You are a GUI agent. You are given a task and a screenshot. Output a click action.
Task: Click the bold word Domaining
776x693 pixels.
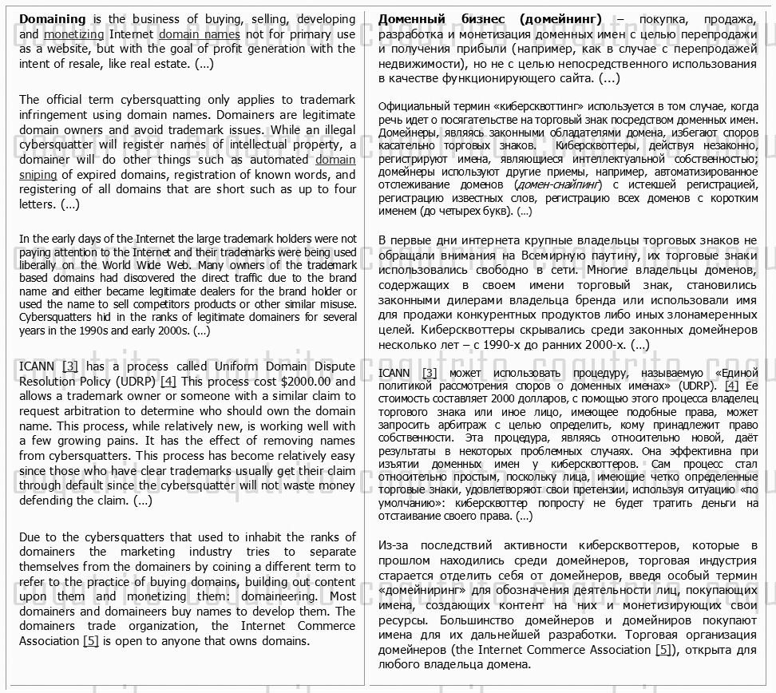tap(53, 19)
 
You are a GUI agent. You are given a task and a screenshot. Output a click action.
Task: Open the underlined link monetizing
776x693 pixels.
tap(73, 34)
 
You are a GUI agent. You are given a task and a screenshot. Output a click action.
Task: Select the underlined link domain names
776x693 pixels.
tap(199, 34)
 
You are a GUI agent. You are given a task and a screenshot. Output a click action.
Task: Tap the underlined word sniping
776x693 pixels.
tap(38, 175)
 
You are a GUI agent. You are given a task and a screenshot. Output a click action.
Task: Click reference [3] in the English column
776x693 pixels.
tap(70, 366)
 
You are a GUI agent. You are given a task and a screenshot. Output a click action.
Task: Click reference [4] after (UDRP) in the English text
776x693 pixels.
tap(168, 382)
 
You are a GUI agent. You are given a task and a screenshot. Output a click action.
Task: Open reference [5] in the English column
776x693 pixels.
tap(92, 641)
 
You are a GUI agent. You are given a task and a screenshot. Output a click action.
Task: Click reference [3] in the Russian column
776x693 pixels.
tap(430, 373)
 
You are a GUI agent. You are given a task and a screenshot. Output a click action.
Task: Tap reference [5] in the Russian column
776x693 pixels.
tap(663, 650)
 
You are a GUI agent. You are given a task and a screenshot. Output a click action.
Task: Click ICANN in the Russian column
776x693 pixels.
tap(395, 373)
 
